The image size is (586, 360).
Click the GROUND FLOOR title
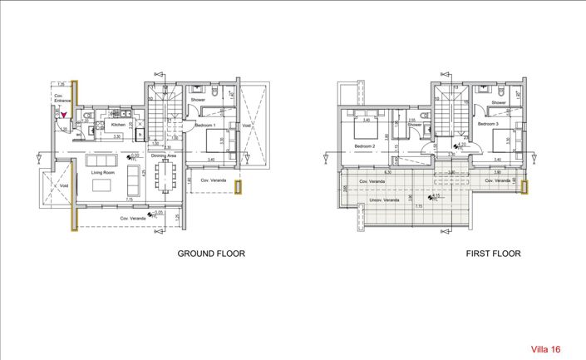(211, 254)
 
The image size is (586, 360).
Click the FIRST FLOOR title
(492, 254)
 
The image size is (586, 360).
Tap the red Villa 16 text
(545, 350)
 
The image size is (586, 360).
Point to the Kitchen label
(118, 125)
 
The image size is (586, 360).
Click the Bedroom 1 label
(204, 125)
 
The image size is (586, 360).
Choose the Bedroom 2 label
(366, 147)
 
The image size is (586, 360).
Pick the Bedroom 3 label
(487, 125)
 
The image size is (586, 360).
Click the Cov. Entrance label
(60, 100)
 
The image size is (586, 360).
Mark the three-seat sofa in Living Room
(102, 160)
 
